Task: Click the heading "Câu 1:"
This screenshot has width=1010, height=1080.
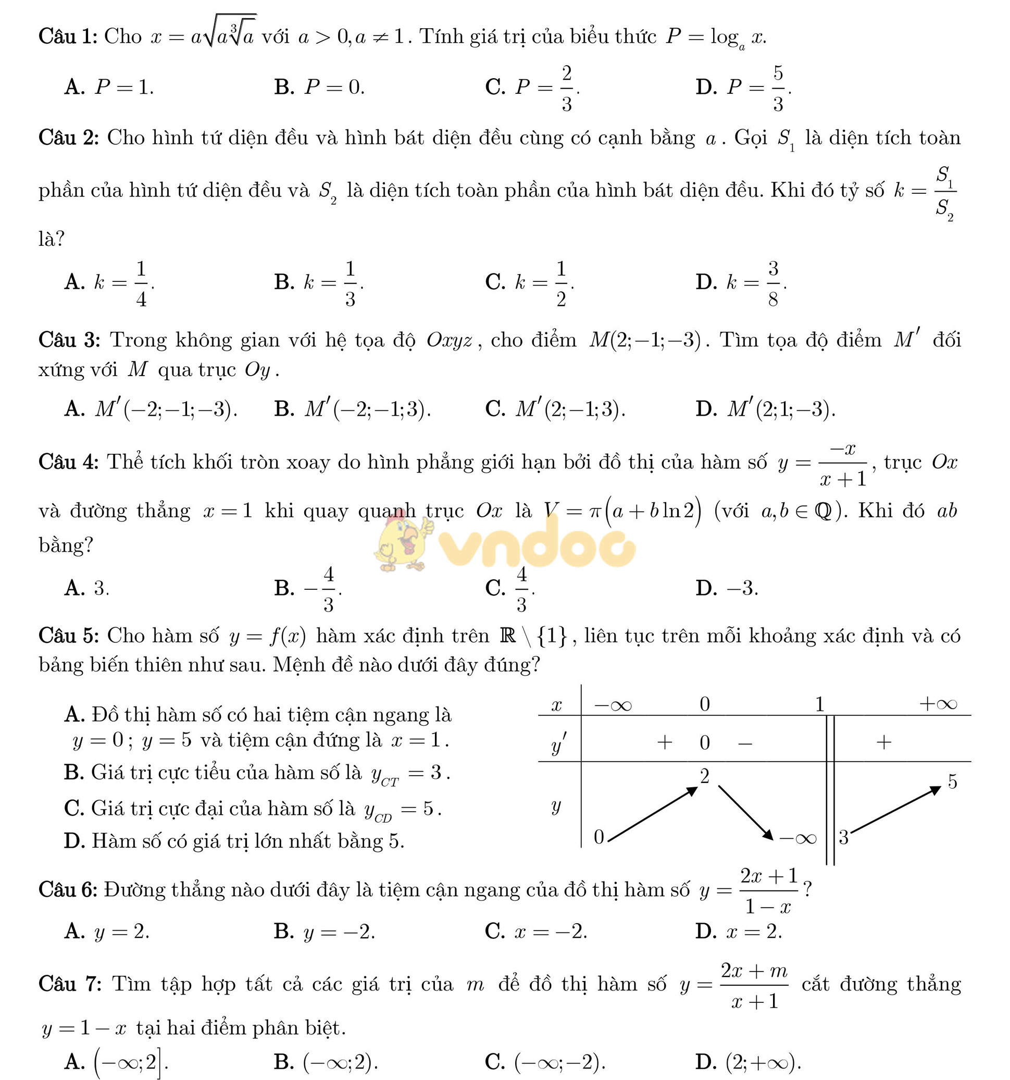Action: tap(67, 37)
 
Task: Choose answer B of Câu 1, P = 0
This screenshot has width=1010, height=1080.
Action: tap(319, 88)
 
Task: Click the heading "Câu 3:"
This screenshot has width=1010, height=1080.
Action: tap(69, 340)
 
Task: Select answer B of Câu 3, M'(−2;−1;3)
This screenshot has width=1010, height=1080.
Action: tap(353, 409)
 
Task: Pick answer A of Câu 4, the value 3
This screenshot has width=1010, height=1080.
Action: tap(87, 588)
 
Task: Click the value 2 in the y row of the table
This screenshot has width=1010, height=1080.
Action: tap(705, 776)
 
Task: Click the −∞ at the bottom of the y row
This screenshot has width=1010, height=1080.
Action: tap(797, 838)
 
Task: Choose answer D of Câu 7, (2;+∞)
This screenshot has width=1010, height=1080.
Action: tap(748, 1061)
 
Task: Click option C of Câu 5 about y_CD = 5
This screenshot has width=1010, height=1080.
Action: tap(253, 809)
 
